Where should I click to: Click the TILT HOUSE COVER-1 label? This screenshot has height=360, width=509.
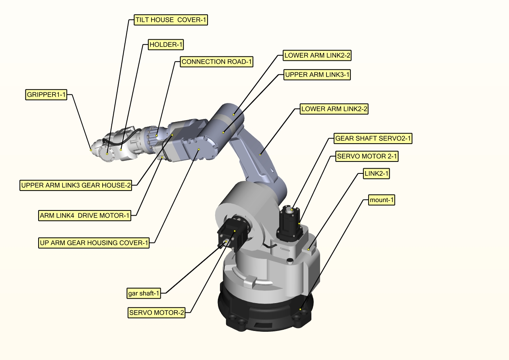(171, 20)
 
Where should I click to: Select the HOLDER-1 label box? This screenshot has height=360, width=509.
(165, 45)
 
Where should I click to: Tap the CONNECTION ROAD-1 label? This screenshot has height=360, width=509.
(217, 62)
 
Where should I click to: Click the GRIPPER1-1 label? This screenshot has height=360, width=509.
(46, 95)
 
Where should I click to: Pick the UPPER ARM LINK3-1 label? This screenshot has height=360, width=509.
(317, 75)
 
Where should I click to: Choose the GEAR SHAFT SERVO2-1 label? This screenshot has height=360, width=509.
(373, 138)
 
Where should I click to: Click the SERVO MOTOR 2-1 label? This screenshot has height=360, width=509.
(367, 156)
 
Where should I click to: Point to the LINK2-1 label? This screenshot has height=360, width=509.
(376, 174)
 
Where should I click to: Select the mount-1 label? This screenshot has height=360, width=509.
(381, 200)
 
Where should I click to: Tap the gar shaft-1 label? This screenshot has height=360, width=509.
(144, 294)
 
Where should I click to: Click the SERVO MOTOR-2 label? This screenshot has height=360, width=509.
(157, 313)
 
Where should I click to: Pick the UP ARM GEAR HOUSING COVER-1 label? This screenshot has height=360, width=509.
(94, 243)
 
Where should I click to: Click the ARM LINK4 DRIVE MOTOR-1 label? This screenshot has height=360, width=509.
(85, 216)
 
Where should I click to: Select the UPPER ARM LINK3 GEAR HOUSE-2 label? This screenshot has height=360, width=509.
(76, 185)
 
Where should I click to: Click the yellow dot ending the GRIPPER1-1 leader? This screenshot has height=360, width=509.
(91, 150)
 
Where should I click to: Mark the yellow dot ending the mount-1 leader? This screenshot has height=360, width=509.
(300, 309)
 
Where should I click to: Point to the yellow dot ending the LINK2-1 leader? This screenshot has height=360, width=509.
(309, 249)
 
